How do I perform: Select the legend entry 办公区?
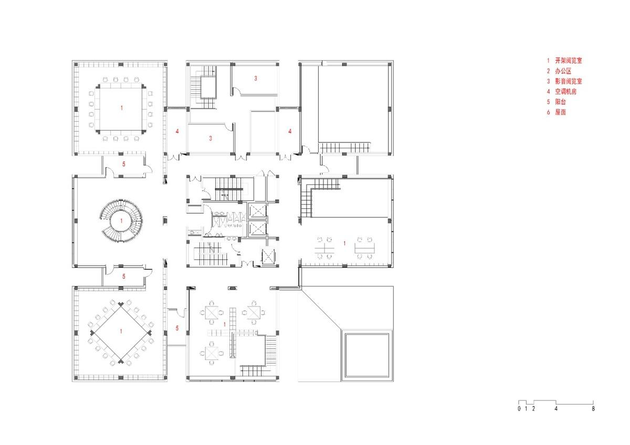click(561, 71)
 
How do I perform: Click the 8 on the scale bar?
click(593, 408)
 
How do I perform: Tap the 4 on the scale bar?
click(556, 408)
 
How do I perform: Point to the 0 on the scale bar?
click(519, 408)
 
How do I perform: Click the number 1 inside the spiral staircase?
click(122, 221)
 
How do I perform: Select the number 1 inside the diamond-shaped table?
click(121, 331)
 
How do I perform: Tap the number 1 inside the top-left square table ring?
click(122, 108)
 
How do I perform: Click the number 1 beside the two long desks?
click(344, 243)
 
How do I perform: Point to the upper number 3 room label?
click(256, 79)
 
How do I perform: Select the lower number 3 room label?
click(211, 139)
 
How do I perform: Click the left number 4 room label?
click(178, 131)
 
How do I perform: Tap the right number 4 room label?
click(290, 131)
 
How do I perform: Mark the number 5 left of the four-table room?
click(177, 329)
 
